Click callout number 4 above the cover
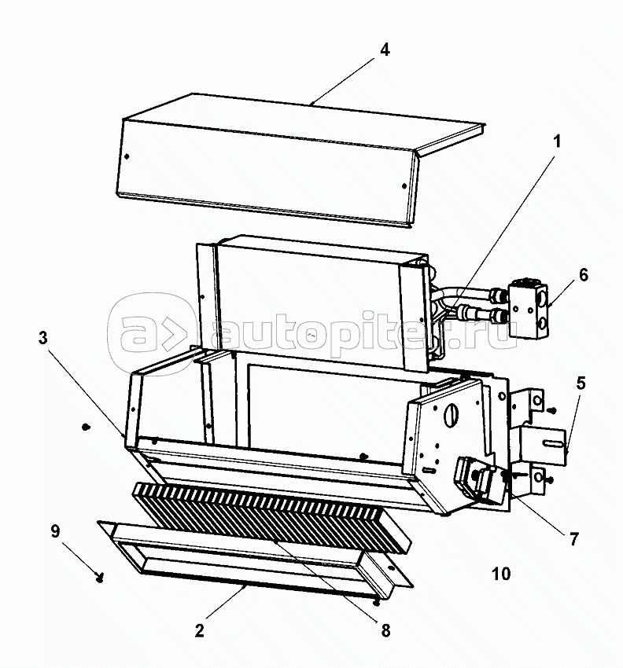click(x=384, y=50)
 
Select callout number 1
click(x=557, y=142)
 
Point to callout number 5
click(x=581, y=384)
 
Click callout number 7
click(x=574, y=539)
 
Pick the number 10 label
click(x=501, y=574)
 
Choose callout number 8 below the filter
click(x=385, y=629)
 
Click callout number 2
click(x=200, y=630)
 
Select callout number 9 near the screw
click(x=54, y=530)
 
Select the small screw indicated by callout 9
click(x=100, y=579)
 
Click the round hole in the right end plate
click(x=454, y=413)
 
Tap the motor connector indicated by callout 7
click(x=477, y=480)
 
